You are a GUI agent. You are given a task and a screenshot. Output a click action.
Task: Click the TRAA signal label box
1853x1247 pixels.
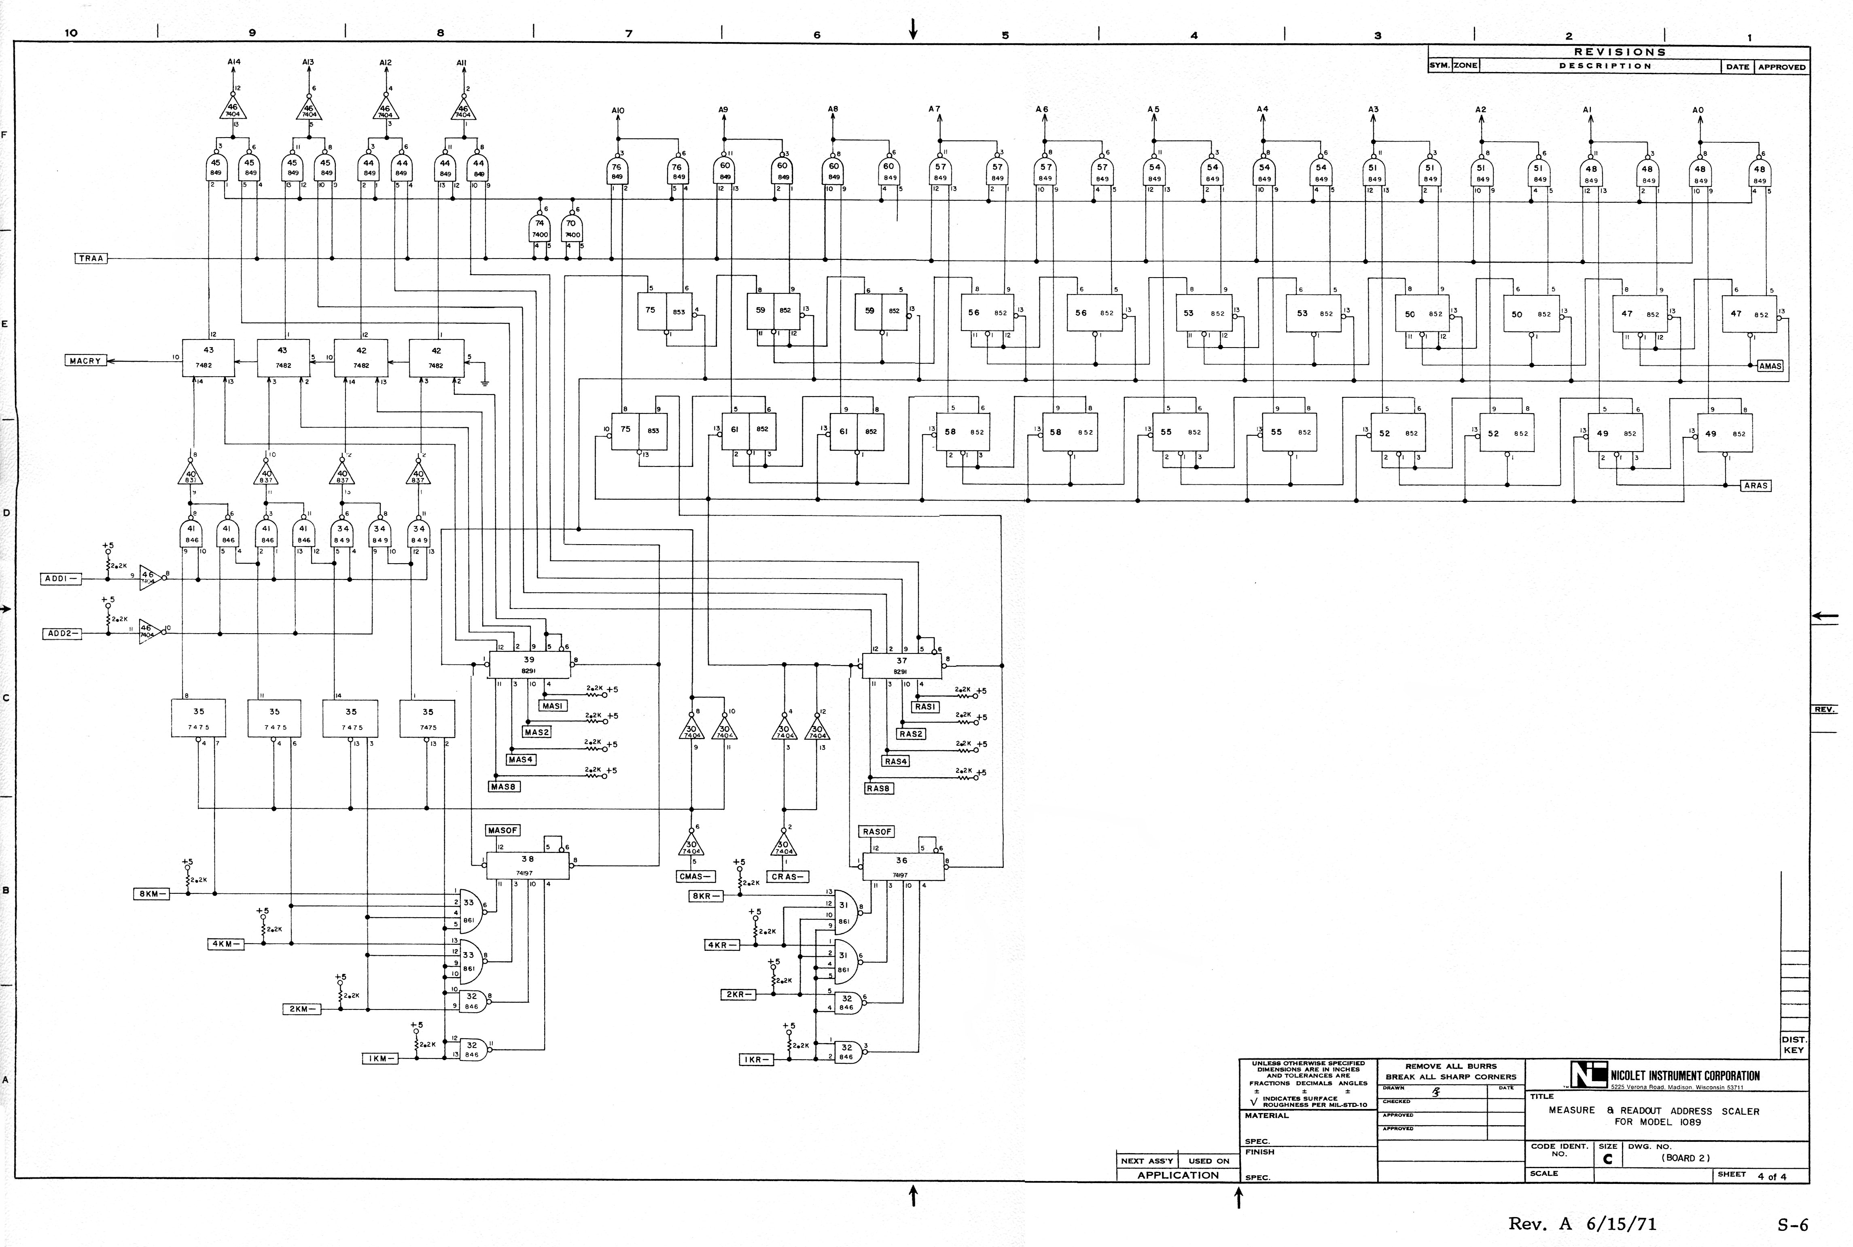91,259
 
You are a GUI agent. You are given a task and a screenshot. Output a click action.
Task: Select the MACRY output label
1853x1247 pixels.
86,361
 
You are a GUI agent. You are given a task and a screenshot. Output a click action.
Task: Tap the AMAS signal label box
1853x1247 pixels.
1770,366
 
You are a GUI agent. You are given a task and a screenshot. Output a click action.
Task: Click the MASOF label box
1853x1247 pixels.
502,830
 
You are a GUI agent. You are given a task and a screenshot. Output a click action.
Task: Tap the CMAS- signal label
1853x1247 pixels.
694,876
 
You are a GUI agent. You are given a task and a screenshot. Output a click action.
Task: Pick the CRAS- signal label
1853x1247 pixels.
788,877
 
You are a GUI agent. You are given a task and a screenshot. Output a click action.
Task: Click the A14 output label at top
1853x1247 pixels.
234,62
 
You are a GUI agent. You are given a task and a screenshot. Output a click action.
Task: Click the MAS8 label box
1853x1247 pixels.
504,787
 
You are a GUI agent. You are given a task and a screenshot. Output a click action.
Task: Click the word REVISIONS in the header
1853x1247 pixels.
1620,52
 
